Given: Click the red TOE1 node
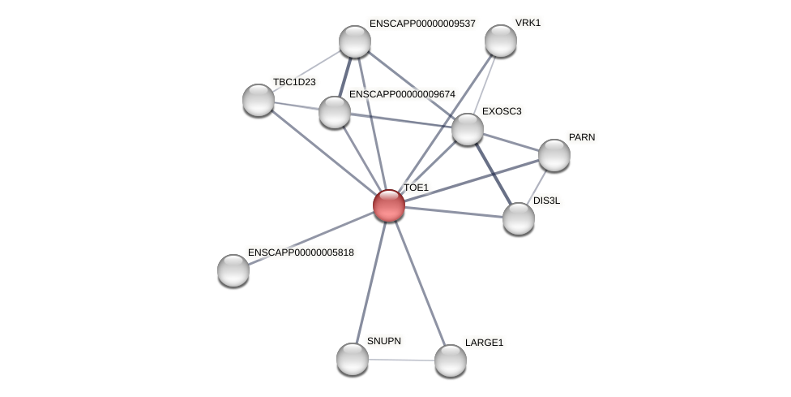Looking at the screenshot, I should click(389, 205).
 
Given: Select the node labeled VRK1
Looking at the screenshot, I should click(501, 41).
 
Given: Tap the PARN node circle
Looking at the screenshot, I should click(554, 155).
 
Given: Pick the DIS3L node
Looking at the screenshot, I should click(519, 218).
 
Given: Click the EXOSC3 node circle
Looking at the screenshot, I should click(468, 129).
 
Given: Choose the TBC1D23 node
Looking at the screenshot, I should click(259, 100).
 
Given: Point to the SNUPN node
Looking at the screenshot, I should click(353, 359).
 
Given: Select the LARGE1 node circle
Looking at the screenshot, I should click(451, 360).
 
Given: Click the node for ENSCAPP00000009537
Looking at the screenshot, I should click(355, 41).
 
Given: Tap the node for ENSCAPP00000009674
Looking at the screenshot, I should click(335, 112).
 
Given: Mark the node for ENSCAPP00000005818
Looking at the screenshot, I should click(233, 270).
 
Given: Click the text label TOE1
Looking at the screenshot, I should click(416, 188).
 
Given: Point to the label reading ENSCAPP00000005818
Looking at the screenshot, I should click(301, 252).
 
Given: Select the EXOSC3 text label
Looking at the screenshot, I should click(502, 111).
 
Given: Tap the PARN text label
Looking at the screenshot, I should click(582, 137).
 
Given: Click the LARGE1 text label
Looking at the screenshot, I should click(484, 343).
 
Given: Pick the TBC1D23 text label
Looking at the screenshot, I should click(294, 82).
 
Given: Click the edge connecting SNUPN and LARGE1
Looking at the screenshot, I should click(401, 360).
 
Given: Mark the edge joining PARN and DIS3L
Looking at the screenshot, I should click(537, 186).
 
